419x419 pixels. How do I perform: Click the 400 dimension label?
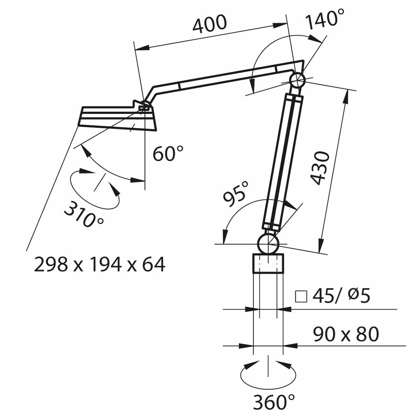pyautogui.click(x=210, y=24)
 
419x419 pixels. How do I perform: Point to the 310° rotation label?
pyautogui.click(x=83, y=216)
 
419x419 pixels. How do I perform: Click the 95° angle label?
pyautogui.click(x=236, y=194)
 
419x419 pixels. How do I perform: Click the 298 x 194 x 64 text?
pyautogui.click(x=100, y=264)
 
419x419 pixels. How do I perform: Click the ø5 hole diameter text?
pyautogui.click(x=359, y=296)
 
